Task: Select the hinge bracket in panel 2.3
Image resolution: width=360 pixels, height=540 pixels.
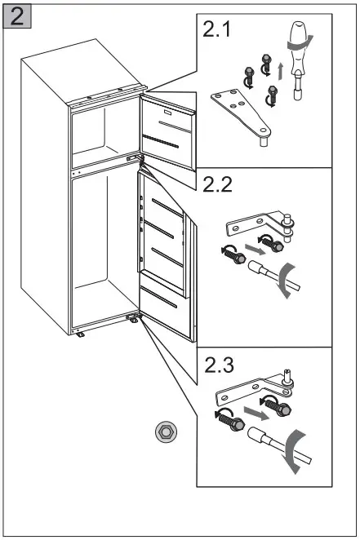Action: [245, 396]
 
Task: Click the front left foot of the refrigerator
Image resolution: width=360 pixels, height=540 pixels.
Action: [81, 334]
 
